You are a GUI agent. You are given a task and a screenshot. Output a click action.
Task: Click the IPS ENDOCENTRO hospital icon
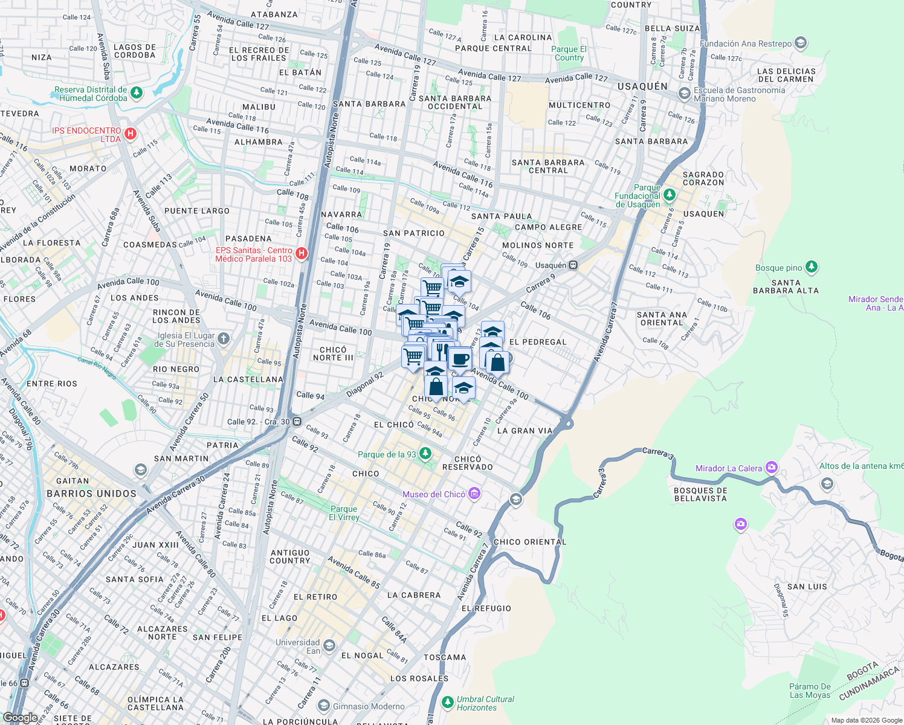point(130,134)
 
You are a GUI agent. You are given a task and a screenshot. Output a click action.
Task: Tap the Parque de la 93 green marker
point(425,454)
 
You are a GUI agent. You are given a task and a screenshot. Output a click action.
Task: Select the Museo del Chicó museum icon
point(474,494)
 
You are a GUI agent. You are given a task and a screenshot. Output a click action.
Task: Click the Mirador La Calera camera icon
point(772,468)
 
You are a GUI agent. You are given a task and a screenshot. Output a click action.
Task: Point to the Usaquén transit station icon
point(573,265)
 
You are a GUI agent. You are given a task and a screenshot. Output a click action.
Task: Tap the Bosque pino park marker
point(812,267)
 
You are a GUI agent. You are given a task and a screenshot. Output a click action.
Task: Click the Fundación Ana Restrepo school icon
point(801,43)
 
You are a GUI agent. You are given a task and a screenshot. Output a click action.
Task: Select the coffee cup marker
point(460,359)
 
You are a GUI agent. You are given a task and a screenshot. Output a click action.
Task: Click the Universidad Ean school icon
point(329,646)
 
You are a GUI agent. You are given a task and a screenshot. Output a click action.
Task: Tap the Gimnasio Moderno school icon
point(324,706)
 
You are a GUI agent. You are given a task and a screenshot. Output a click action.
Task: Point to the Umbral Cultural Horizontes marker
point(447,702)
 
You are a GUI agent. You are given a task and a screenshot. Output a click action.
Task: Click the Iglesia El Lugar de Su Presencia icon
point(224,339)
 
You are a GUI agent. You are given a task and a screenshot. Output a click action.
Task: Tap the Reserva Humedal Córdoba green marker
point(137,93)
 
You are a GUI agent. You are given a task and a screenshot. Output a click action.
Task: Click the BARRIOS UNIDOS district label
point(92,494)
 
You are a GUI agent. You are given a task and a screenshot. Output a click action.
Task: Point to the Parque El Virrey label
point(344,513)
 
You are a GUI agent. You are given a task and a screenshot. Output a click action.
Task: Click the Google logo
point(20,717)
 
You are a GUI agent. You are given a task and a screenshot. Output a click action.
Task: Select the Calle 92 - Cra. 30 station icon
point(297,422)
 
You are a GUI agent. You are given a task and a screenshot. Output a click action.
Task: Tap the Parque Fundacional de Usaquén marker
point(669,195)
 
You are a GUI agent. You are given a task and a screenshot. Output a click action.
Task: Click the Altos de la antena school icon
point(827,483)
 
